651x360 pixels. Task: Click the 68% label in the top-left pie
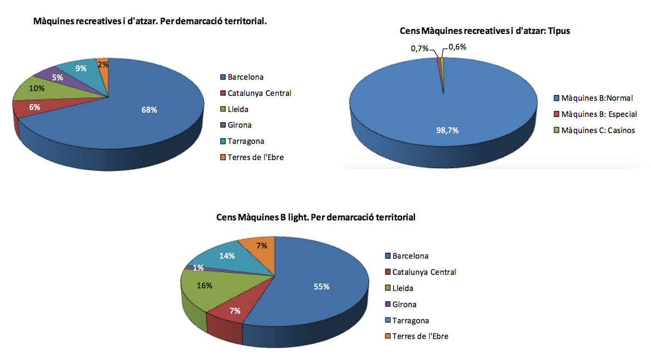[x=150, y=110]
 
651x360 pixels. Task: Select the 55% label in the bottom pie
[x=322, y=287]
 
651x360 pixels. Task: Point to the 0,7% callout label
[x=419, y=49]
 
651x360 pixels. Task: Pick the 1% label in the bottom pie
[x=198, y=268]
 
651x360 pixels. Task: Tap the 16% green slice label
[x=204, y=285]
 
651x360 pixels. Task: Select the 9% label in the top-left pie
[x=81, y=68]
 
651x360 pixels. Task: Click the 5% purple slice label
[x=58, y=77]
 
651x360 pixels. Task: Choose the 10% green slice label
[x=37, y=88]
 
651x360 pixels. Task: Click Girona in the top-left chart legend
[x=239, y=125]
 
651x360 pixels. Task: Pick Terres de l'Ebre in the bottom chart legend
[x=420, y=336]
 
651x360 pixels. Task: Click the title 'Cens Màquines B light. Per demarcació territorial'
[x=315, y=218]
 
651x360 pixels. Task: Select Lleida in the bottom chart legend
[x=403, y=288]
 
